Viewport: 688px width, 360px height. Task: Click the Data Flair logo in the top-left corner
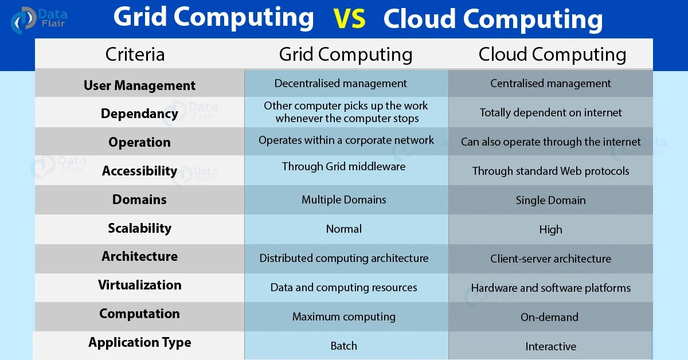click(x=38, y=19)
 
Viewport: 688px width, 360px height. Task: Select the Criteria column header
click(x=135, y=54)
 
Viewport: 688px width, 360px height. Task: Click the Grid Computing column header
click(x=345, y=54)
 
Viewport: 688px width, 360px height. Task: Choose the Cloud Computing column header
click(x=552, y=54)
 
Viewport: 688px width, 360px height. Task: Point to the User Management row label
click(x=139, y=85)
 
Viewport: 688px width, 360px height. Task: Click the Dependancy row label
click(x=139, y=114)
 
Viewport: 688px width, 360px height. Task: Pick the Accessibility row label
click(x=139, y=171)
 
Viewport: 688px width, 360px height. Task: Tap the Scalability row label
click(x=139, y=228)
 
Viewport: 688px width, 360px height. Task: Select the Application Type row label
click(x=139, y=343)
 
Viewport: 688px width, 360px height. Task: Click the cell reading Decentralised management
click(x=341, y=84)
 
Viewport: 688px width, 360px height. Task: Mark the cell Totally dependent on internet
click(x=550, y=113)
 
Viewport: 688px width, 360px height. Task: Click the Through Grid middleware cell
click(x=343, y=167)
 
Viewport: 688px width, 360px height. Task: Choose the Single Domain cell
click(x=550, y=201)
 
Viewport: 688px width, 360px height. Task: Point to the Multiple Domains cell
click(x=343, y=200)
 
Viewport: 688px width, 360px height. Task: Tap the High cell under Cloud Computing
click(x=550, y=230)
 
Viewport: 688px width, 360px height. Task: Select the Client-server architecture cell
click(x=550, y=259)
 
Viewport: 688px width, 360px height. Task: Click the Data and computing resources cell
click(x=343, y=288)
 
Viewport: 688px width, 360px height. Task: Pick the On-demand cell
click(x=549, y=317)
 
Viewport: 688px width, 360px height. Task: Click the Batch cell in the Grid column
click(x=343, y=346)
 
